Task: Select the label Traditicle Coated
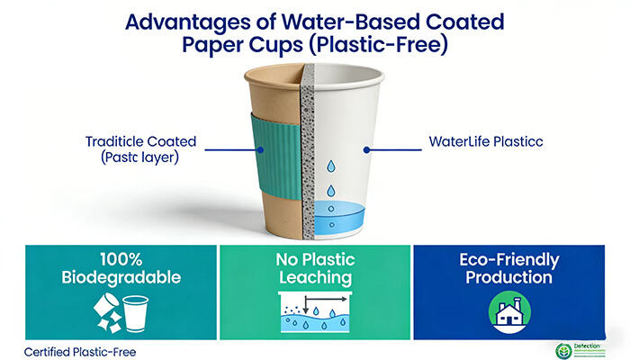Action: click(x=141, y=141)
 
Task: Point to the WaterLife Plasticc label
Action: click(x=485, y=141)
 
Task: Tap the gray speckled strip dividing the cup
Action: click(x=310, y=162)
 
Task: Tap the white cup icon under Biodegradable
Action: click(x=135, y=314)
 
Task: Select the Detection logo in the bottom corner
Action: click(x=585, y=349)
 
